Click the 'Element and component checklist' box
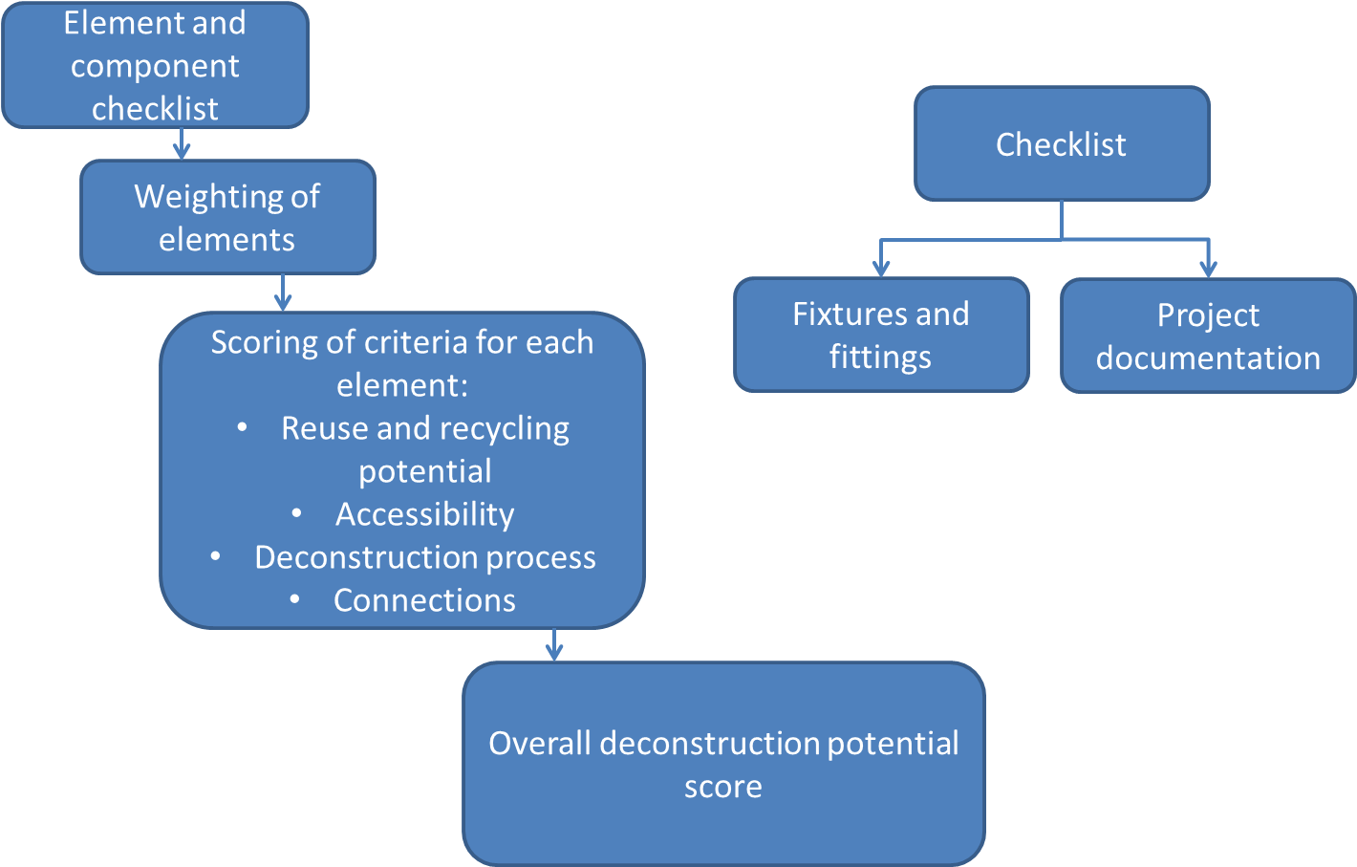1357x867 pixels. click(155, 65)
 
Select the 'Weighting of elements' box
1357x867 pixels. click(227, 217)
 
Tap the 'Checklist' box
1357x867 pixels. click(1061, 144)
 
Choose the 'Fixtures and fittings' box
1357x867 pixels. click(880, 335)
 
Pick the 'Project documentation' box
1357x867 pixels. click(1208, 336)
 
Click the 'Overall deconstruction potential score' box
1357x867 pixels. click(723, 764)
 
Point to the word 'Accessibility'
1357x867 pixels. click(424, 514)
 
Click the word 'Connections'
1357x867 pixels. click(424, 600)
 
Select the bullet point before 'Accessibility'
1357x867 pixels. click(297, 514)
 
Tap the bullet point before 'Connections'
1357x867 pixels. click(295, 599)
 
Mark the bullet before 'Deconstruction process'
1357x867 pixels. click(216, 556)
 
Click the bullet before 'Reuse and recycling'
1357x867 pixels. click(243, 427)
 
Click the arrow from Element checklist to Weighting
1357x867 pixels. click(182, 145)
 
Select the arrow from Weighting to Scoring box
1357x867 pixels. click(282, 293)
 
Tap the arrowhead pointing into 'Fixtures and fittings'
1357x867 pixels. click(881, 268)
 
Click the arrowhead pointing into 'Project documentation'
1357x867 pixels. click(1208, 268)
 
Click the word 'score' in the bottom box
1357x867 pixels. click(723, 787)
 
